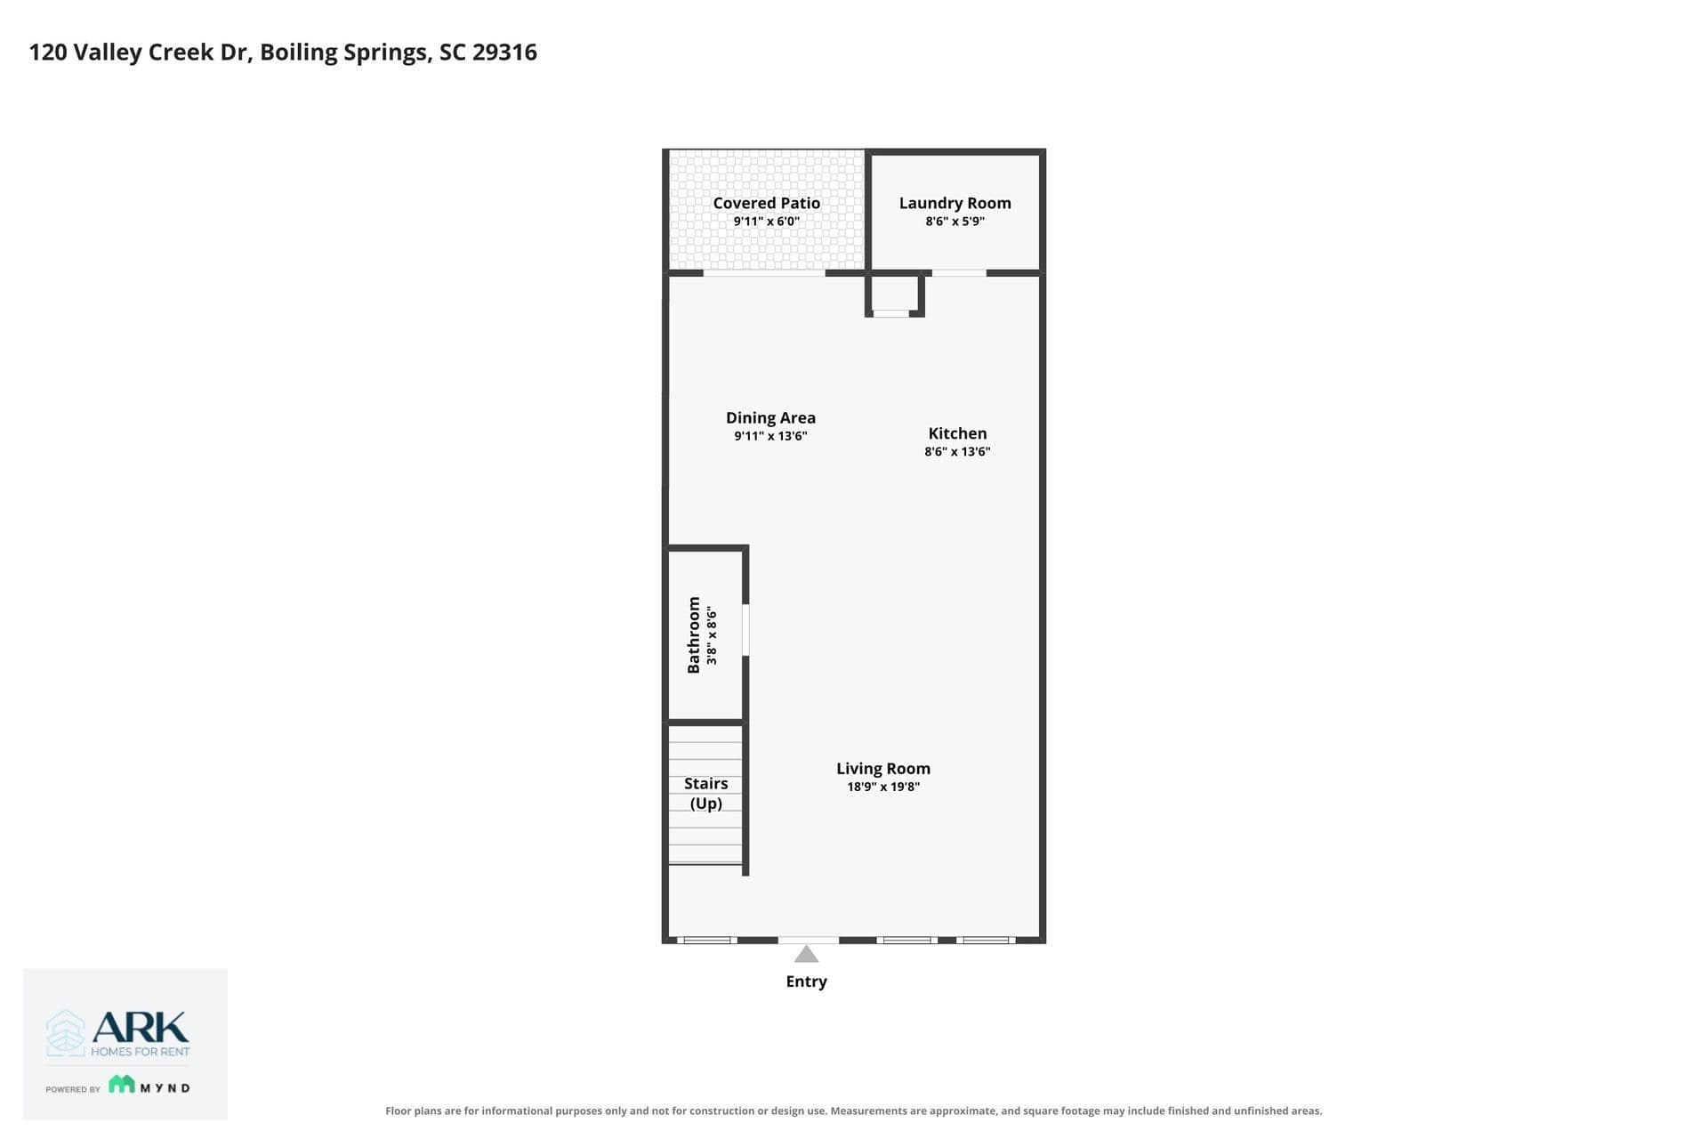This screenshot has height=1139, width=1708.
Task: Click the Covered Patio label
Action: [x=766, y=203]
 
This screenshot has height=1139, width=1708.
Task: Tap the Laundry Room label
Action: [x=955, y=203]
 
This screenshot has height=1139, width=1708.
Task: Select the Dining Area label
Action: [x=770, y=417]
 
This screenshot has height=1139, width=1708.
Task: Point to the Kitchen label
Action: [x=957, y=433]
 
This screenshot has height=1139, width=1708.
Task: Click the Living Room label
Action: [x=882, y=769]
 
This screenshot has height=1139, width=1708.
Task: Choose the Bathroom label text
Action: [x=694, y=634]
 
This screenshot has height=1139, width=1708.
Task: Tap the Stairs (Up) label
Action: [x=706, y=793]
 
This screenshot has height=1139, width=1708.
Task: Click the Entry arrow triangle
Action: [x=806, y=955]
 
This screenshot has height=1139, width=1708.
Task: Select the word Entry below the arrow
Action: [x=806, y=981]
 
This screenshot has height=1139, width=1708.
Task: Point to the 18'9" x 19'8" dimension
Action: [x=882, y=787]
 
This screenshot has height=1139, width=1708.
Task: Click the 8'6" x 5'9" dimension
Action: [x=955, y=221]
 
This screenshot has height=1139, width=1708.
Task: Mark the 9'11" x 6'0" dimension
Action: [x=766, y=221]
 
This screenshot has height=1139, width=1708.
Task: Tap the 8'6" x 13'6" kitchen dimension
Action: [x=957, y=451]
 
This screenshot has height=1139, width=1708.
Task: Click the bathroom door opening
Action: [x=745, y=630]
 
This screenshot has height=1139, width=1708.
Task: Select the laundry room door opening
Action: [x=959, y=273]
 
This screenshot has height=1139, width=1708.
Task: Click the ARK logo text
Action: [x=141, y=1027]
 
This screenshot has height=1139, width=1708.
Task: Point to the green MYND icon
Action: [x=122, y=1084]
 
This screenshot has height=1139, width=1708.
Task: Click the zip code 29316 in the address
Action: [x=504, y=52]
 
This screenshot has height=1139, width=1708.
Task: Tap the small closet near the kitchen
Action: [x=895, y=294]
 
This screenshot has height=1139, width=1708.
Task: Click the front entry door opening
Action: [x=809, y=940]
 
